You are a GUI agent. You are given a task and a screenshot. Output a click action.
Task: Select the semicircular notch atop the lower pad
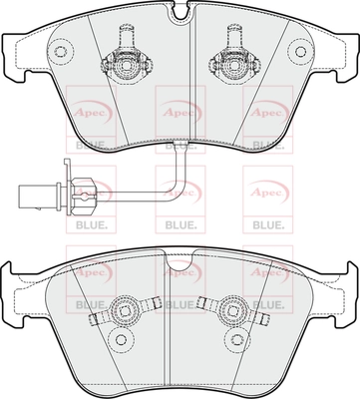tap(180, 262)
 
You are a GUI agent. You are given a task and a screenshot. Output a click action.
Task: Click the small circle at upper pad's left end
tap(60, 51)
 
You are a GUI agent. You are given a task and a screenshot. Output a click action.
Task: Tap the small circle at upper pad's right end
tap(300, 51)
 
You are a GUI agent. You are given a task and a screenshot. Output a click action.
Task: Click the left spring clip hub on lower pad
tap(125, 311)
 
